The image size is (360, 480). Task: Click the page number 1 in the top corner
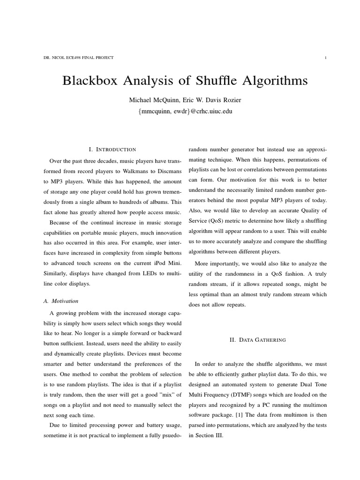coord(325,58)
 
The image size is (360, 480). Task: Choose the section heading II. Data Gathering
coord(257,340)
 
